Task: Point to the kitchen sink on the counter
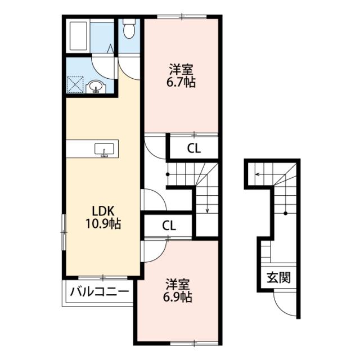pyautogui.click(x=104, y=150)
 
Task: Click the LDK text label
pyautogui.click(x=103, y=211)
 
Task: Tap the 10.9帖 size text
pyautogui.click(x=103, y=223)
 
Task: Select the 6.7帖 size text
pyautogui.click(x=181, y=82)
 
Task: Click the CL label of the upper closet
pyautogui.click(x=193, y=149)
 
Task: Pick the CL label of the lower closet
pyautogui.click(x=169, y=226)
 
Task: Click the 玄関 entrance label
pyautogui.click(x=278, y=278)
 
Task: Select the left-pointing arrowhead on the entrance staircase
pyautogui.click(x=256, y=174)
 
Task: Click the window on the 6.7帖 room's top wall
pyautogui.click(x=182, y=17)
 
